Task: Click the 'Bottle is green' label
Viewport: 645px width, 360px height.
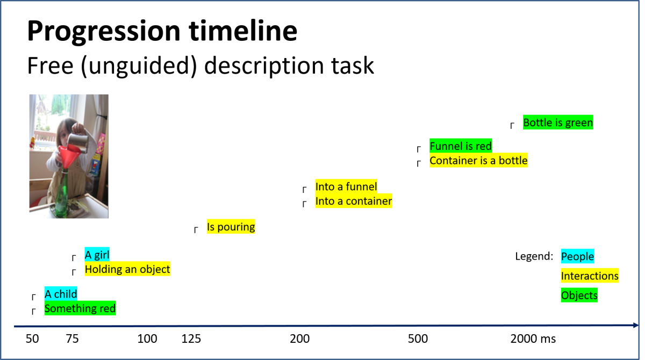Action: (x=558, y=123)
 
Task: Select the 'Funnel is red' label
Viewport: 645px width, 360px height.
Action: (x=461, y=146)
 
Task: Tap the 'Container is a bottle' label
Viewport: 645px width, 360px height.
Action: (x=478, y=160)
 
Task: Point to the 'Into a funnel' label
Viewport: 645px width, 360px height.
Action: (x=346, y=186)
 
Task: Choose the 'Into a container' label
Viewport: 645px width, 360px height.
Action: (x=354, y=201)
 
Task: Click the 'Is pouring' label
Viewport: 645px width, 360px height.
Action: (x=231, y=226)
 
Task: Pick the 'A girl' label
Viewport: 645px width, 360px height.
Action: (x=97, y=254)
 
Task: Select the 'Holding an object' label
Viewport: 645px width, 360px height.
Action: (x=127, y=269)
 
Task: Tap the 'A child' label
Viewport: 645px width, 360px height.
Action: (x=61, y=294)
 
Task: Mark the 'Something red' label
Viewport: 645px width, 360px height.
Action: (x=80, y=308)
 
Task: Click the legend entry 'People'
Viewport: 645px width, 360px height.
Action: (x=577, y=256)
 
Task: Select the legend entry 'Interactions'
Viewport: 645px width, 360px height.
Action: (x=590, y=276)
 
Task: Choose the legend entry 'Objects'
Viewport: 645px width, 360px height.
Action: (x=579, y=295)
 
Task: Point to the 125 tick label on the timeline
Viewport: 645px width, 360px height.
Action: (x=191, y=339)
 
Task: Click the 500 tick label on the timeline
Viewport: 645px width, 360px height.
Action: (x=418, y=339)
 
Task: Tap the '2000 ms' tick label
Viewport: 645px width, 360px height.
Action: (x=533, y=339)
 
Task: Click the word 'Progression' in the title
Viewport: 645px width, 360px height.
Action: (x=104, y=32)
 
